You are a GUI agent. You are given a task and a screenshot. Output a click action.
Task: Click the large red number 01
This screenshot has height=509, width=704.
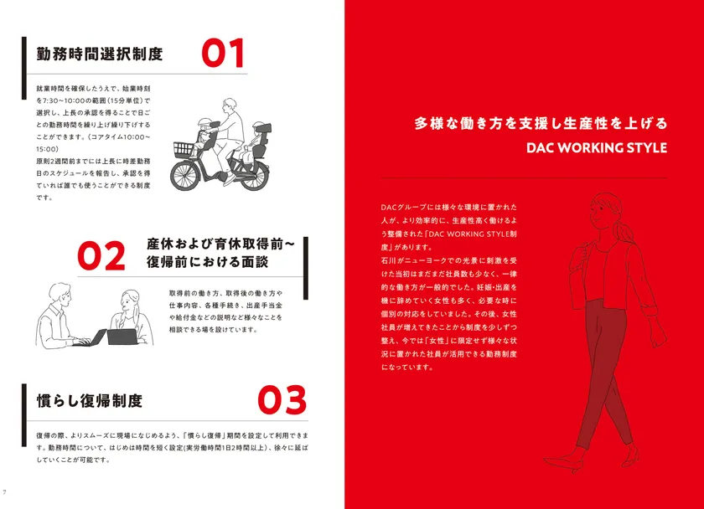click(x=223, y=53)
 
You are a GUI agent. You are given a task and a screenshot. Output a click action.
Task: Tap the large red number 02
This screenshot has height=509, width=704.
click(x=101, y=255)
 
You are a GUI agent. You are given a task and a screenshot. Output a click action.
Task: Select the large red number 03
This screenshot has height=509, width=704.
click(x=282, y=399)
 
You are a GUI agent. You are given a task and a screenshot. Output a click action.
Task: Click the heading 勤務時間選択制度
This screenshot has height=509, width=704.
click(x=99, y=54)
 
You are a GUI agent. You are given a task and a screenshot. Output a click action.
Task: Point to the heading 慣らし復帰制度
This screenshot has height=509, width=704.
click(x=90, y=400)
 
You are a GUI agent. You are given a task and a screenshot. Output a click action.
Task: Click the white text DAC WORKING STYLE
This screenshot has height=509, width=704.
click(x=596, y=147)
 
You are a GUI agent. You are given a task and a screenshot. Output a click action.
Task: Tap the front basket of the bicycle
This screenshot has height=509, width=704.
click(x=184, y=148)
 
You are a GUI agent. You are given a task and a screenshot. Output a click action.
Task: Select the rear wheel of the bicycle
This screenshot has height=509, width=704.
click(x=254, y=176)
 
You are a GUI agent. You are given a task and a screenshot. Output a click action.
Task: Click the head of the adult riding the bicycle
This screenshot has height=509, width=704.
click(x=230, y=105)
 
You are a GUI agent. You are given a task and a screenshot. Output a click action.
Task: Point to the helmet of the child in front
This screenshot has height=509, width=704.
click(x=204, y=122)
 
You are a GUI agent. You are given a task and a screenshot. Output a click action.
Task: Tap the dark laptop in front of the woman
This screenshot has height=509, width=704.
click(x=122, y=337)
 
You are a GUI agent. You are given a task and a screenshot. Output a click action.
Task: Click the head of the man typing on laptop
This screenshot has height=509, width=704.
click(x=60, y=294)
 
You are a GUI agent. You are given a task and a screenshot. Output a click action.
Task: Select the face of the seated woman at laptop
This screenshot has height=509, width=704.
click(x=126, y=304)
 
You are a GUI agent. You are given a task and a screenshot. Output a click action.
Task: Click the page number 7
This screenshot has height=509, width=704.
click(x=5, y=492)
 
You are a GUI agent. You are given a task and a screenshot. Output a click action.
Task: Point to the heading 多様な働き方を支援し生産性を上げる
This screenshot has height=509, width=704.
click(x=541, y=123)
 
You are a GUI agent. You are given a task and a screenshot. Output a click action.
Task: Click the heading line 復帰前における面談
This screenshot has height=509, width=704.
click(x=208, y=262)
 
